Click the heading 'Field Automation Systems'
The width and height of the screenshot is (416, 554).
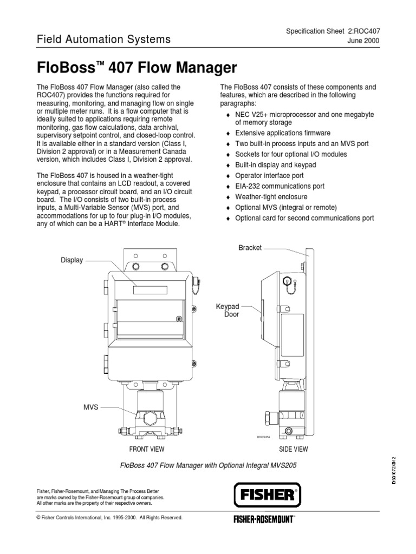point(103,39)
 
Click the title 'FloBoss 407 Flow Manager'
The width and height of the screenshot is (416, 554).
point(136,68)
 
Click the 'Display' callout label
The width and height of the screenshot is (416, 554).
point(72,260)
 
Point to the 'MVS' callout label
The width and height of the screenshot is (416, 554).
point(91,406)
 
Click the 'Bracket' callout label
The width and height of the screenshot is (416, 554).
point(250,247)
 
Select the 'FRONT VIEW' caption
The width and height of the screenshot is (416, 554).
point(146,449)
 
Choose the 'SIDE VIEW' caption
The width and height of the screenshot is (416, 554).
point(293,449)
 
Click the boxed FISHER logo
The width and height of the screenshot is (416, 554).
point(267,494)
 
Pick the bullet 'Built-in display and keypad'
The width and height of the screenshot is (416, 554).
point(275,165)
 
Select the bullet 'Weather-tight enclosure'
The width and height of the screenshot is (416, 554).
point(271,197)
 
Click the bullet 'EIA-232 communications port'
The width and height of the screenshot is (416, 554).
point(279,186)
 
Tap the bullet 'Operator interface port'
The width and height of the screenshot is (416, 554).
point(269,176)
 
